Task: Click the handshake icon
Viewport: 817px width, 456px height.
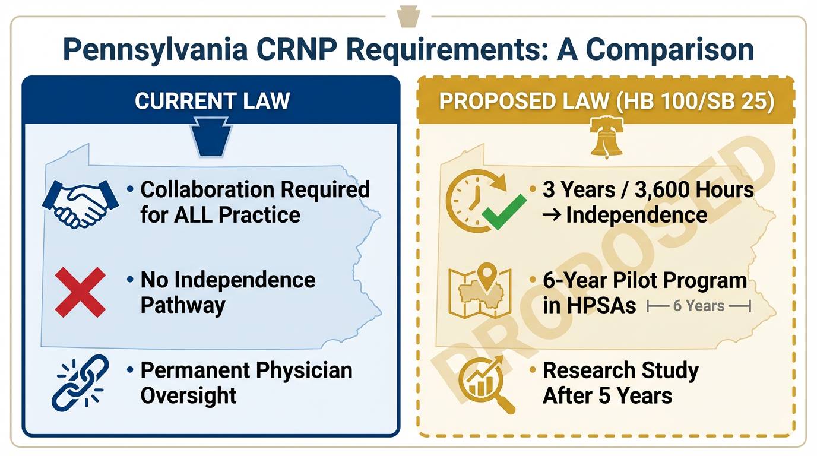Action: (x=80, y=204)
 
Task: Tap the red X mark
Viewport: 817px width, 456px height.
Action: (x=80, y=292)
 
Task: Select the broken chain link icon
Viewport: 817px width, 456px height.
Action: (x=80, y=383)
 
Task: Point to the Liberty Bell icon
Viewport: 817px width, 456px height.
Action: (x=606, y=137)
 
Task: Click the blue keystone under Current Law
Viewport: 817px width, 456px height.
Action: (x=211, y=137)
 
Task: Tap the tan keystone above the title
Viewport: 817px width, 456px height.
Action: (x=408, y=17)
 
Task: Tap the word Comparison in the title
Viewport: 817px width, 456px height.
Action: (x=670, y=50)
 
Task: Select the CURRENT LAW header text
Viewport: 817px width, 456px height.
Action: (x=213, y=101)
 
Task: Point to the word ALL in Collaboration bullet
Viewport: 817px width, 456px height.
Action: (x=192, y=214)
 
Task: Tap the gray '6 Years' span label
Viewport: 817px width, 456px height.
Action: (x=698, y=306)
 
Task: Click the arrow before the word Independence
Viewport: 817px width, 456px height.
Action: (x=552, y=215)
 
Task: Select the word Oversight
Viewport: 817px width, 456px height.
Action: (x=188, y=396)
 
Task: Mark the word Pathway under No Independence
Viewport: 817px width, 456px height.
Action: (x=183, y=306)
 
